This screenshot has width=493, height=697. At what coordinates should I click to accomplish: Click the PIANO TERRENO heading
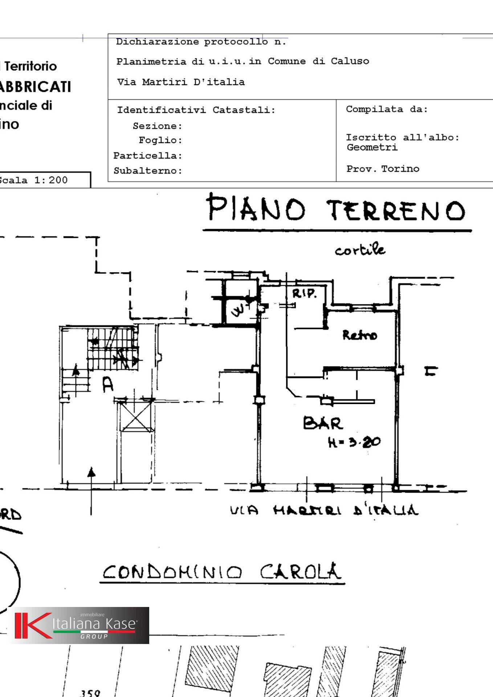(x=336, y=209)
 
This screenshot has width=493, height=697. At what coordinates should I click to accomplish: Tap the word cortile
(x=359, y=250)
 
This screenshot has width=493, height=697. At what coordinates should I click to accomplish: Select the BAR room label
(x=323, y=423)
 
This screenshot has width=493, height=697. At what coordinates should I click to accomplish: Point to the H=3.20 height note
(x=354, y=442)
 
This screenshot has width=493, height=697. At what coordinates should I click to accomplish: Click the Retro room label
(x=359, y=335)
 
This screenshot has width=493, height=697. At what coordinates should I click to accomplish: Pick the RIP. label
(x=304, y=294)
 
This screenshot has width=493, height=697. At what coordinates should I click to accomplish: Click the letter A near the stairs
(x=107, y=384)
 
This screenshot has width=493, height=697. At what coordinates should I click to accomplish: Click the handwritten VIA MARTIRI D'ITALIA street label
(x=324, y=510)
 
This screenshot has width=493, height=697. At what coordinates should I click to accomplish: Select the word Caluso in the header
(x=350, y=61)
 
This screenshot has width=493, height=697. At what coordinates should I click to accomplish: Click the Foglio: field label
(x=160, y=140)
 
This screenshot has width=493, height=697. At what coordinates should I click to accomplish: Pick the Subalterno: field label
(x=148, y=171)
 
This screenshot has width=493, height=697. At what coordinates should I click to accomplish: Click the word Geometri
(x=372, y=147)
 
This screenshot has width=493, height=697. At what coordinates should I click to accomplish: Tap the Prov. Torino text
(x=383, y=169)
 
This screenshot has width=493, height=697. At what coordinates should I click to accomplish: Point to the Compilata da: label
(x=387, y=109)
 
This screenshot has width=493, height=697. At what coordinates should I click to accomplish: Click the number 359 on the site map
(x=90, y=693)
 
